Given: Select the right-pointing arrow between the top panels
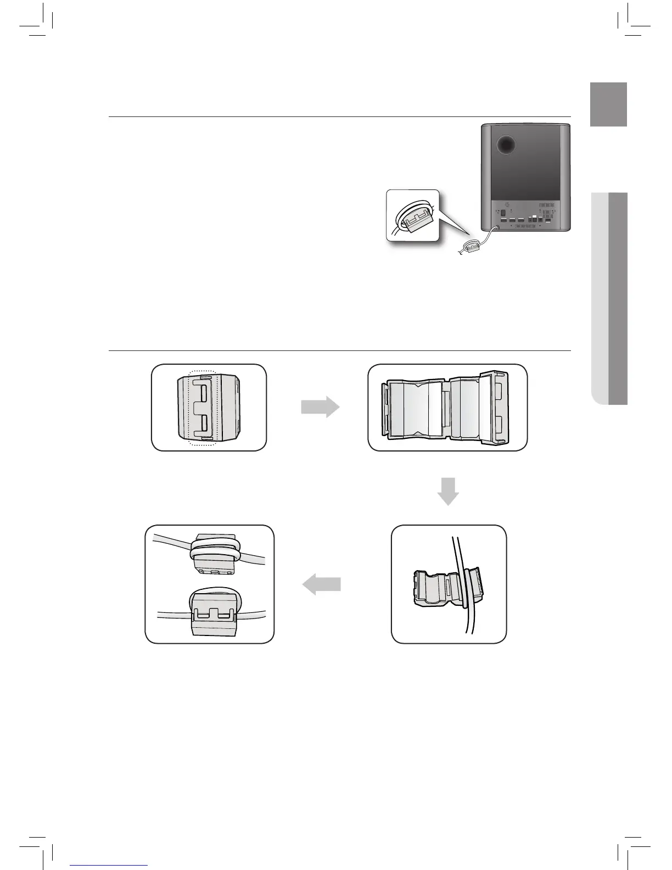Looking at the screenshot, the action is (x=320, y=407).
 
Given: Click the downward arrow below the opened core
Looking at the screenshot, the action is (x=448, y=491).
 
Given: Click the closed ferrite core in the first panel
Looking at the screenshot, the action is (x=209, y=408).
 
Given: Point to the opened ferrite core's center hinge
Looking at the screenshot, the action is (x=446, y=407).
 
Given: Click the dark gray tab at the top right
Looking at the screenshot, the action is (x=608, y=104).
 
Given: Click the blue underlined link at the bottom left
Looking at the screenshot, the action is (x=109, y=865).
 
